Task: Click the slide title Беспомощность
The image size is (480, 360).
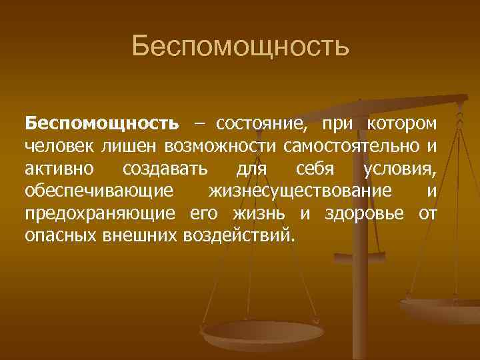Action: pos(240,47)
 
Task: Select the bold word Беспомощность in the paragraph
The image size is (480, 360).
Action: pos(102,124)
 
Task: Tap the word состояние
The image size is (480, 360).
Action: pos(261,124)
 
